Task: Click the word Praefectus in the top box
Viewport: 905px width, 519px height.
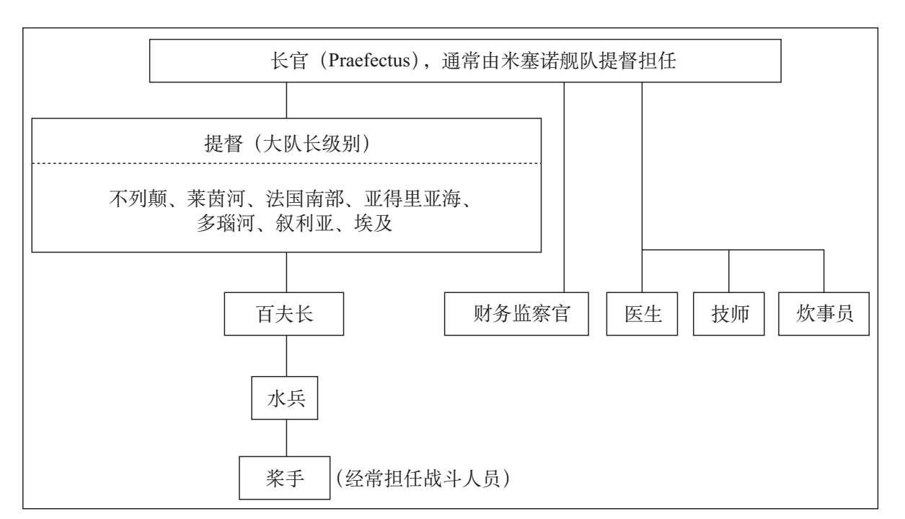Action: point(369,61)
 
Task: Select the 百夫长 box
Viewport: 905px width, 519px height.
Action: point(284,314)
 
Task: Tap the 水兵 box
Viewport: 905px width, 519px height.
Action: point(284,398)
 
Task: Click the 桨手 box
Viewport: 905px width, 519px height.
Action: point(284,478)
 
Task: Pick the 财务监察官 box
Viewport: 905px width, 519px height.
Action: point(516,314)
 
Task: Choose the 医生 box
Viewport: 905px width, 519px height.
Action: point(642,314)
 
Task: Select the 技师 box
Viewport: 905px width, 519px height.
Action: point(729,314)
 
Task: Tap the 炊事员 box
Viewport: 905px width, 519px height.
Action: point(824,314)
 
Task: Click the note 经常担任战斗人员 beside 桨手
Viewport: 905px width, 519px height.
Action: point(423,479)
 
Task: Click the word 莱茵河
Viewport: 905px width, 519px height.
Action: point(216,199)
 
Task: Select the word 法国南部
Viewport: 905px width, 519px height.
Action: point(304,199)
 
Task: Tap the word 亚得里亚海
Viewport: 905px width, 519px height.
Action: point(412,199)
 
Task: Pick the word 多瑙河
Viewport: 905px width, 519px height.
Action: point(226,223)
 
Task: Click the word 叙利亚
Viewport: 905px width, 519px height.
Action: point(304,223)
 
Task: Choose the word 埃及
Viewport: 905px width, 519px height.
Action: point(374,223)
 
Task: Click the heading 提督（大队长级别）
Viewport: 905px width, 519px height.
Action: point(286,144)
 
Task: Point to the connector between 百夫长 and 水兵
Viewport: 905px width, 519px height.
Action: point(286,356)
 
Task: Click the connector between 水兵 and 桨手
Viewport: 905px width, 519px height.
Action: point(286,437)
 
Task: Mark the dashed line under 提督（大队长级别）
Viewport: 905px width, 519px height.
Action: point(286,163)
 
